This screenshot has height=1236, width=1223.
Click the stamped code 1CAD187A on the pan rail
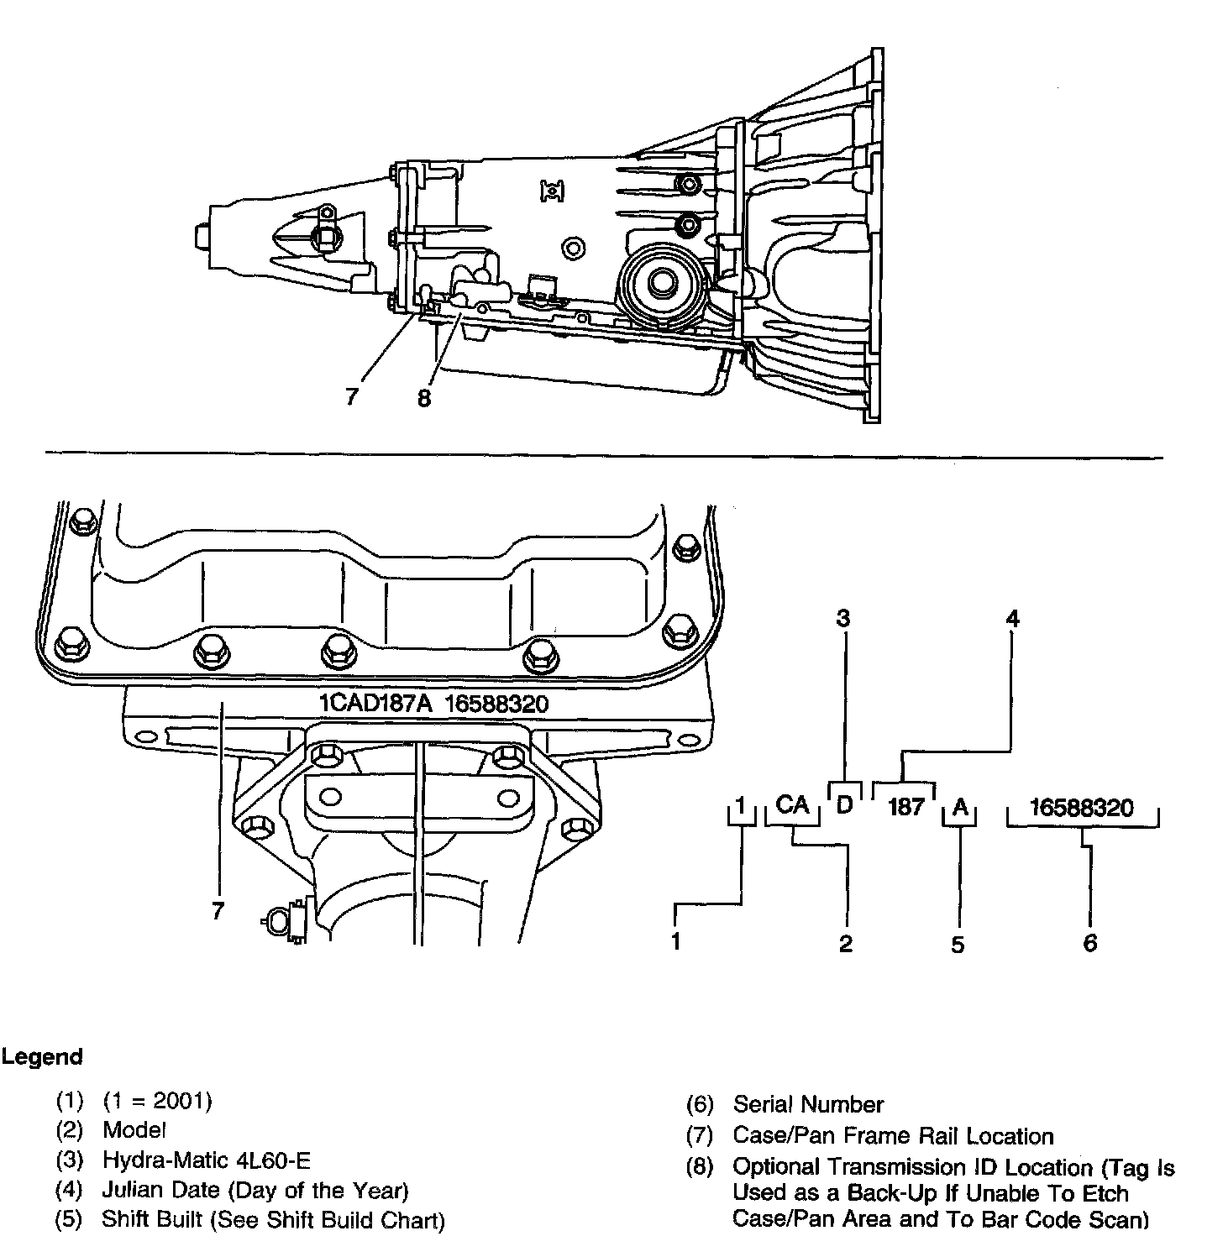(375, 703)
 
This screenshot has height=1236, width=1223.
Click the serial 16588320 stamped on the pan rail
(496, 703)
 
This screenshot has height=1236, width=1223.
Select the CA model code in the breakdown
(792, 805)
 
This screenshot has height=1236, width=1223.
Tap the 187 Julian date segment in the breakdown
(905, 808)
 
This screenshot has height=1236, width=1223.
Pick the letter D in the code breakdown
(845, 804)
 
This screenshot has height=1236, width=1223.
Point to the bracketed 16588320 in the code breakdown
(1081, 808)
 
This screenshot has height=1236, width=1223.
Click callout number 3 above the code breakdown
(843, 619)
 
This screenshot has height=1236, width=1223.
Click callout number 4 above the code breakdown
(1013, 619)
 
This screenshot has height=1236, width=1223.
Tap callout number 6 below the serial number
(1089, 943)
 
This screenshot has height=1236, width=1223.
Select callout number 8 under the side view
(423, 398)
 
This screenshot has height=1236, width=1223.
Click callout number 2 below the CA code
(846, 943)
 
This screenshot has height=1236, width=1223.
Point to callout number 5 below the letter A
(958, 944)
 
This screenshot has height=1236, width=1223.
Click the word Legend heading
(42, 1056)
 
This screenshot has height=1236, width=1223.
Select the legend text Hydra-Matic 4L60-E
(206, 1160)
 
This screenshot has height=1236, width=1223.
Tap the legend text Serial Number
(808, 1104)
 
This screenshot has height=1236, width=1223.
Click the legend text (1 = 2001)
(158, 1100)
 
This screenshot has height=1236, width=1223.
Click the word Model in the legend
(134, 1130)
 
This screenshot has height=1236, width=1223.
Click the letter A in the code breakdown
(960, 808)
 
